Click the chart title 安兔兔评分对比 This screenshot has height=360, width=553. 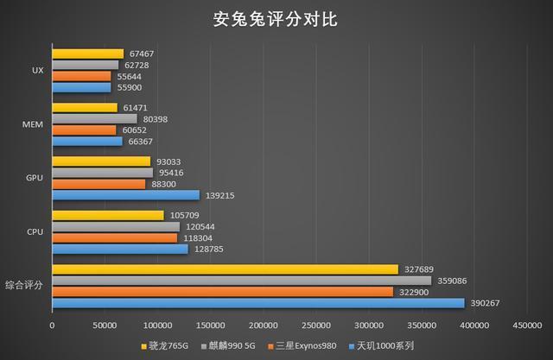pos(276,20)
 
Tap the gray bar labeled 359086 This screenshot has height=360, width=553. pos(241,281)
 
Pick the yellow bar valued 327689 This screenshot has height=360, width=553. pos(225,269)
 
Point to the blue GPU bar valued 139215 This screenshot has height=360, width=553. pos(125,195)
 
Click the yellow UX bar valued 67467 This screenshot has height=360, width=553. pos(87,54)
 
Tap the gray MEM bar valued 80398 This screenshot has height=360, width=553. pos(94,118)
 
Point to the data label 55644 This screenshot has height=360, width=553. pos(130,76)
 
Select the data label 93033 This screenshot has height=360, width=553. pos(169,161)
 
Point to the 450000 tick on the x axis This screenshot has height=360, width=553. pos(527,325)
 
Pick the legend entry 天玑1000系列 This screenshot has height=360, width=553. pos(381,346)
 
